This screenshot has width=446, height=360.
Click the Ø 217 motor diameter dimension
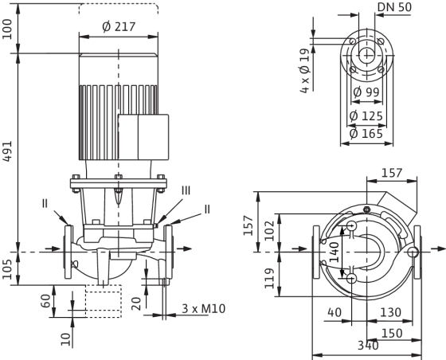coord(119,27)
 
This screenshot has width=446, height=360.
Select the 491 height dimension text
coord(7,151)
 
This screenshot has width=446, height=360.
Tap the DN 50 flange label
coord(394,7)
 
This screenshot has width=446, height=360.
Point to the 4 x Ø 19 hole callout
coord(304,71)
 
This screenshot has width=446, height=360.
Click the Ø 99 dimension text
coord(366,92)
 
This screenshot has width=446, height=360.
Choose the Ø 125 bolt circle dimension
coord(366,116)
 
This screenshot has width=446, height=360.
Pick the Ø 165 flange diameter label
coord(366,133)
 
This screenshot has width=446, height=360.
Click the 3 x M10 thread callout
coord(203,308)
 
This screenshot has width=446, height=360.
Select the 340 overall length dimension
coord(368,346)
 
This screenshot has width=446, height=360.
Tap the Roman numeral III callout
coord(186,190)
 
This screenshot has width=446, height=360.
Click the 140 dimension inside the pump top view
coord(334,252)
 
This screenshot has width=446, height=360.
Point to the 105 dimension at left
coord(7,269)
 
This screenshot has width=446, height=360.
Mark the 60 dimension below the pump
coord(46,301)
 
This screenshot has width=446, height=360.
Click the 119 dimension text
coord(269,278)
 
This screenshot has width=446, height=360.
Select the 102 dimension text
coord(269,231)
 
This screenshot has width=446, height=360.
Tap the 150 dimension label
coord(392,333)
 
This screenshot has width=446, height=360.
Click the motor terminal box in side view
coord(143,137)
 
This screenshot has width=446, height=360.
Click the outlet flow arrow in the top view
coord(438,249)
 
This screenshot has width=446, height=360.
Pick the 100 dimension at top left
coord(7,29)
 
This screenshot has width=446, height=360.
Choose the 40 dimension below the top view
coord(334,312)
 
